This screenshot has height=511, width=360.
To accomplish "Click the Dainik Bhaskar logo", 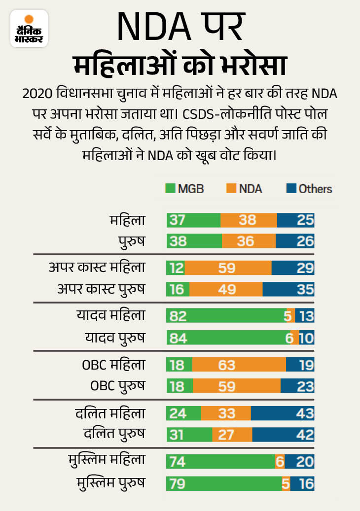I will click(29, 29).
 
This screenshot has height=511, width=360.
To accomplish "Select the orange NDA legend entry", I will click(245, 188).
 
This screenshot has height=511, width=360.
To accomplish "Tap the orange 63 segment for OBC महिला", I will click(239, 365).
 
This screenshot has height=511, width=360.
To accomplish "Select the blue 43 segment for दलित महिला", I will click(283, 413).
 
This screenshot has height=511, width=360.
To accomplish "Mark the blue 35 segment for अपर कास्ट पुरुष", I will click(288, 289).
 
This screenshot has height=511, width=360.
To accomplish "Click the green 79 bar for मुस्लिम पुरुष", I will click(228, 483).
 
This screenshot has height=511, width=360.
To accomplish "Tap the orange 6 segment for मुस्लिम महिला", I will click(280, 462).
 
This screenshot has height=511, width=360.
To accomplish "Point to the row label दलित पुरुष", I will click(114, 435).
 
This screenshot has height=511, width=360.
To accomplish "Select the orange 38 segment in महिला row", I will click(249, 220).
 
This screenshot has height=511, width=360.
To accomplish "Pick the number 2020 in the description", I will click(38, 94).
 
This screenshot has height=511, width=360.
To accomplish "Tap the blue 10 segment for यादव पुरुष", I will click(307, 338).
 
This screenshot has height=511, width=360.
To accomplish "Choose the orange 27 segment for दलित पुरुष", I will click(232, 435).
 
